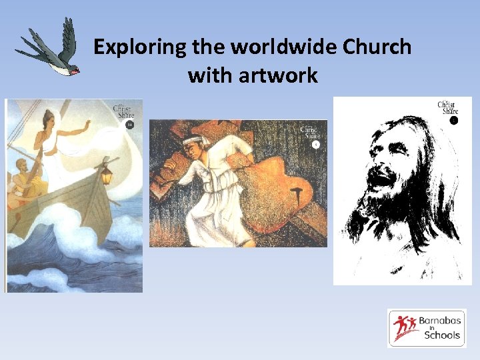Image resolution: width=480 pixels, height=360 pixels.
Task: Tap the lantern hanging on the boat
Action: [105, 175]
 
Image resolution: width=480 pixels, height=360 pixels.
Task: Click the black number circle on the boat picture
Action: [130, 124]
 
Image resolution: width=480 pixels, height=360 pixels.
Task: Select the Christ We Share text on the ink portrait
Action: [447, 107]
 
